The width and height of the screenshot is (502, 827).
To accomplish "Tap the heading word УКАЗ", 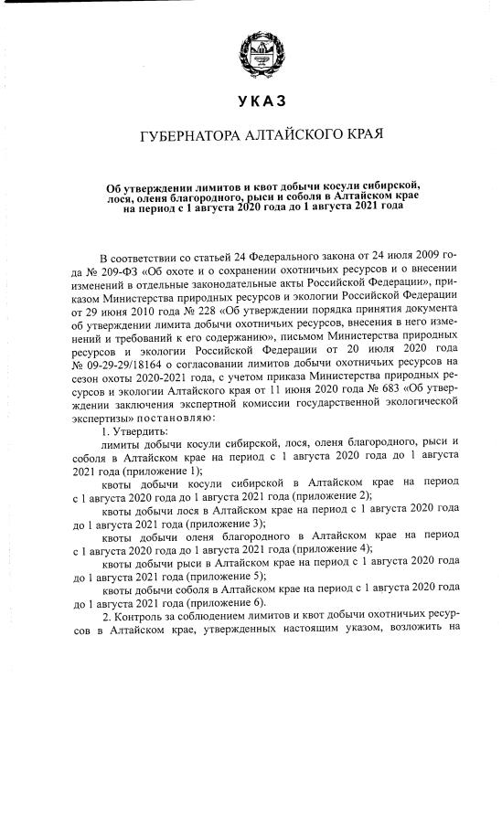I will click(x=251, y=100).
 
